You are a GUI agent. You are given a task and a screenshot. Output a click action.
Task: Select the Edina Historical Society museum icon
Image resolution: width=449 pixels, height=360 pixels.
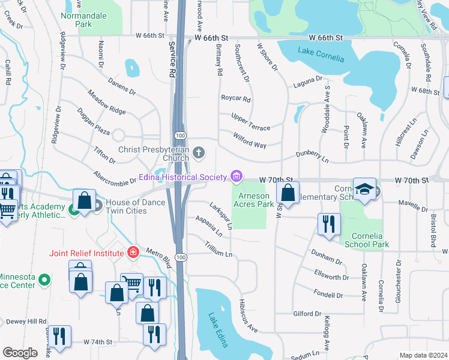point(237,176)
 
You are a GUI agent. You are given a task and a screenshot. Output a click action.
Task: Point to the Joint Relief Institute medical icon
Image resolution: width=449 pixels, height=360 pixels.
point(133,253)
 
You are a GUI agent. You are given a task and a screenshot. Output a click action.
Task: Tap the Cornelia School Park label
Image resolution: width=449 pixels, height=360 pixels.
point(367,240)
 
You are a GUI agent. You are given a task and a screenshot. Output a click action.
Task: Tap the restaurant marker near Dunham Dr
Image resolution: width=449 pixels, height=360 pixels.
point(327,224)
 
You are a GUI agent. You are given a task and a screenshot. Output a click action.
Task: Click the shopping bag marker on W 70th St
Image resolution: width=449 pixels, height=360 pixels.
point(288,193)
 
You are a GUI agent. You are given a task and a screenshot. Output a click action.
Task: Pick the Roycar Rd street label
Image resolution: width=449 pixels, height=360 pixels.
point(235,98)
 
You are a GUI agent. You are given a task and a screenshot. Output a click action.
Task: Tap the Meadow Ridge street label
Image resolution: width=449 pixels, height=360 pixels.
point(106,102)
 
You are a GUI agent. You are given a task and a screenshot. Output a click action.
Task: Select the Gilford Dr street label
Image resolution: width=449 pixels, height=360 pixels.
point(308,314)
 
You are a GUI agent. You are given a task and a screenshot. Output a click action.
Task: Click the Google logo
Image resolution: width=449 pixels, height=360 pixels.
point(20,353)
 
